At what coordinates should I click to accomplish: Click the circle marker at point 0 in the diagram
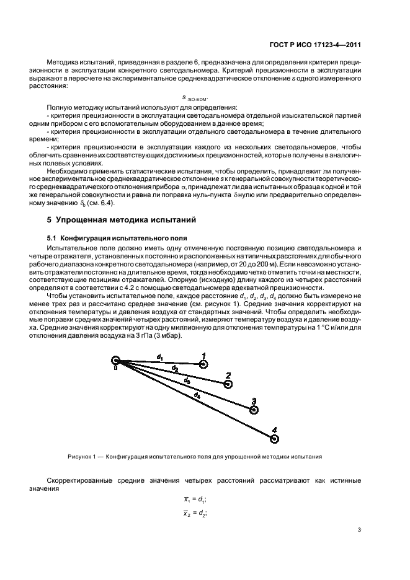tap(115, 360)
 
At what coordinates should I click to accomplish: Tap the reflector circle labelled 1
tap(204, 364)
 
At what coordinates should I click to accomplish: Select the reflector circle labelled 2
tap(228, 384)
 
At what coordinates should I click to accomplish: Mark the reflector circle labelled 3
tap(253, 409)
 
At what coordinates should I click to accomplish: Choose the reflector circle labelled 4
tap(275, 438)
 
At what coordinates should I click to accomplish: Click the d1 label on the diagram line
tap(159, 356)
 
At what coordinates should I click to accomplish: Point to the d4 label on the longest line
tap(197, 395)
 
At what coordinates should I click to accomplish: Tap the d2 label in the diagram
tap(175, 369)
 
